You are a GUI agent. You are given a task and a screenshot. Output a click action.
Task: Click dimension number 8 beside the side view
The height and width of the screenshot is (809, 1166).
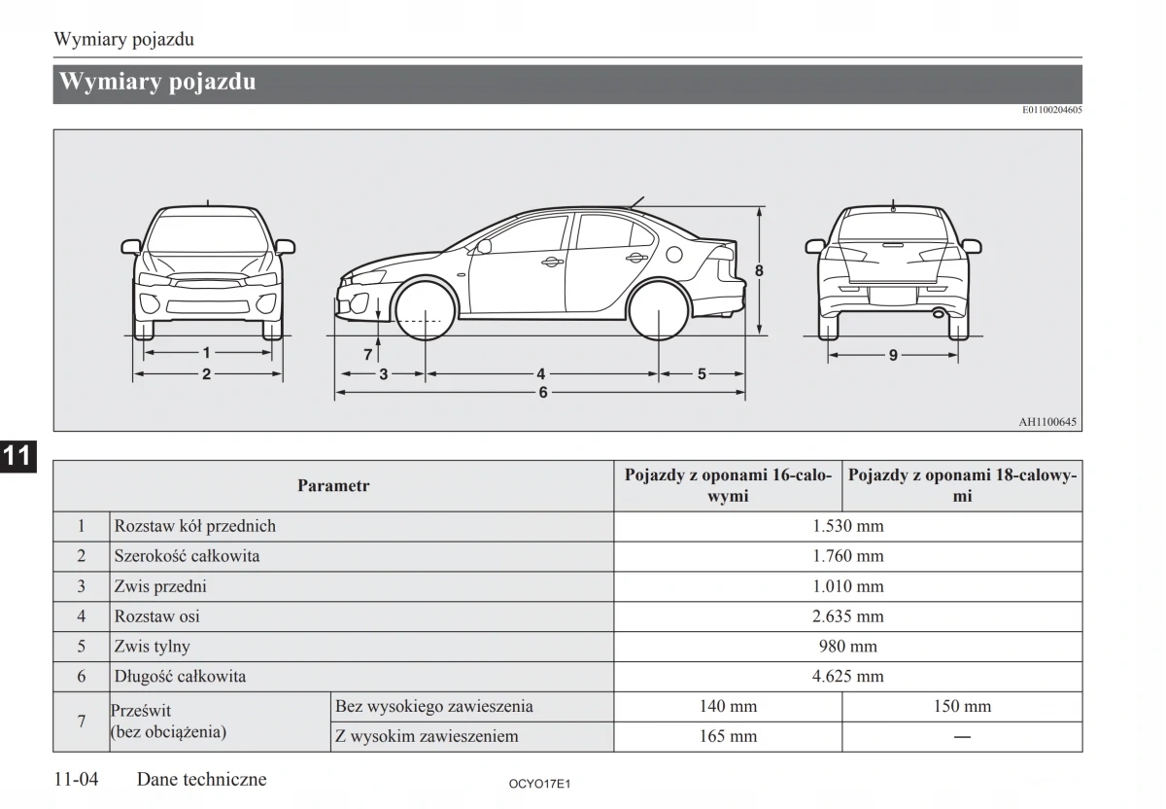760,270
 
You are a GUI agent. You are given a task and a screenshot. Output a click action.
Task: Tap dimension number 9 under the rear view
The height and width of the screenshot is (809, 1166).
893,355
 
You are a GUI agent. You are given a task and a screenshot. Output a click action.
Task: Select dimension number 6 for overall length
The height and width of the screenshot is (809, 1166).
542,393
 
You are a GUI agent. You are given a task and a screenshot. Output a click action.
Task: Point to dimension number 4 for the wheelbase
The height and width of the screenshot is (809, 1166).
541,373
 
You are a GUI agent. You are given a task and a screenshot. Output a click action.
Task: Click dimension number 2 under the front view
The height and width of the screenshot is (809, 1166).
206,373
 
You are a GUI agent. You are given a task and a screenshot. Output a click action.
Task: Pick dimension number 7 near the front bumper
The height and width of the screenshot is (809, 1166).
368,355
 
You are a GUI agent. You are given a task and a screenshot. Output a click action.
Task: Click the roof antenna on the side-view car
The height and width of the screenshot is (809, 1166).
636,201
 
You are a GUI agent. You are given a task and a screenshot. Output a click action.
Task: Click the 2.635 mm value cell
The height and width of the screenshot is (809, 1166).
847,616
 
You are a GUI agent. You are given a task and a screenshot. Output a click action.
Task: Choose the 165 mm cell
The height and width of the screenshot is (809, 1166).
728,736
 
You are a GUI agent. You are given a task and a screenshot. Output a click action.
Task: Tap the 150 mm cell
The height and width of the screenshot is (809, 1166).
962,707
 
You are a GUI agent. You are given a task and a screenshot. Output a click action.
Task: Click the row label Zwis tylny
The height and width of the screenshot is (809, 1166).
153,647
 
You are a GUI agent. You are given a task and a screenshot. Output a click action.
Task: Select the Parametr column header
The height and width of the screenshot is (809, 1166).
333,485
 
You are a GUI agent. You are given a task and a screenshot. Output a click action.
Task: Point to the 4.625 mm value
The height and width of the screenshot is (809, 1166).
847,677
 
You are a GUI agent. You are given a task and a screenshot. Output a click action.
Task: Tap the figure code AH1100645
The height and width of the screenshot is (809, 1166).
1047,422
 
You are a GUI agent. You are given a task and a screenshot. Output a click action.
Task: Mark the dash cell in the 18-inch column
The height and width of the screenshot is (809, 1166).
962,737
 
